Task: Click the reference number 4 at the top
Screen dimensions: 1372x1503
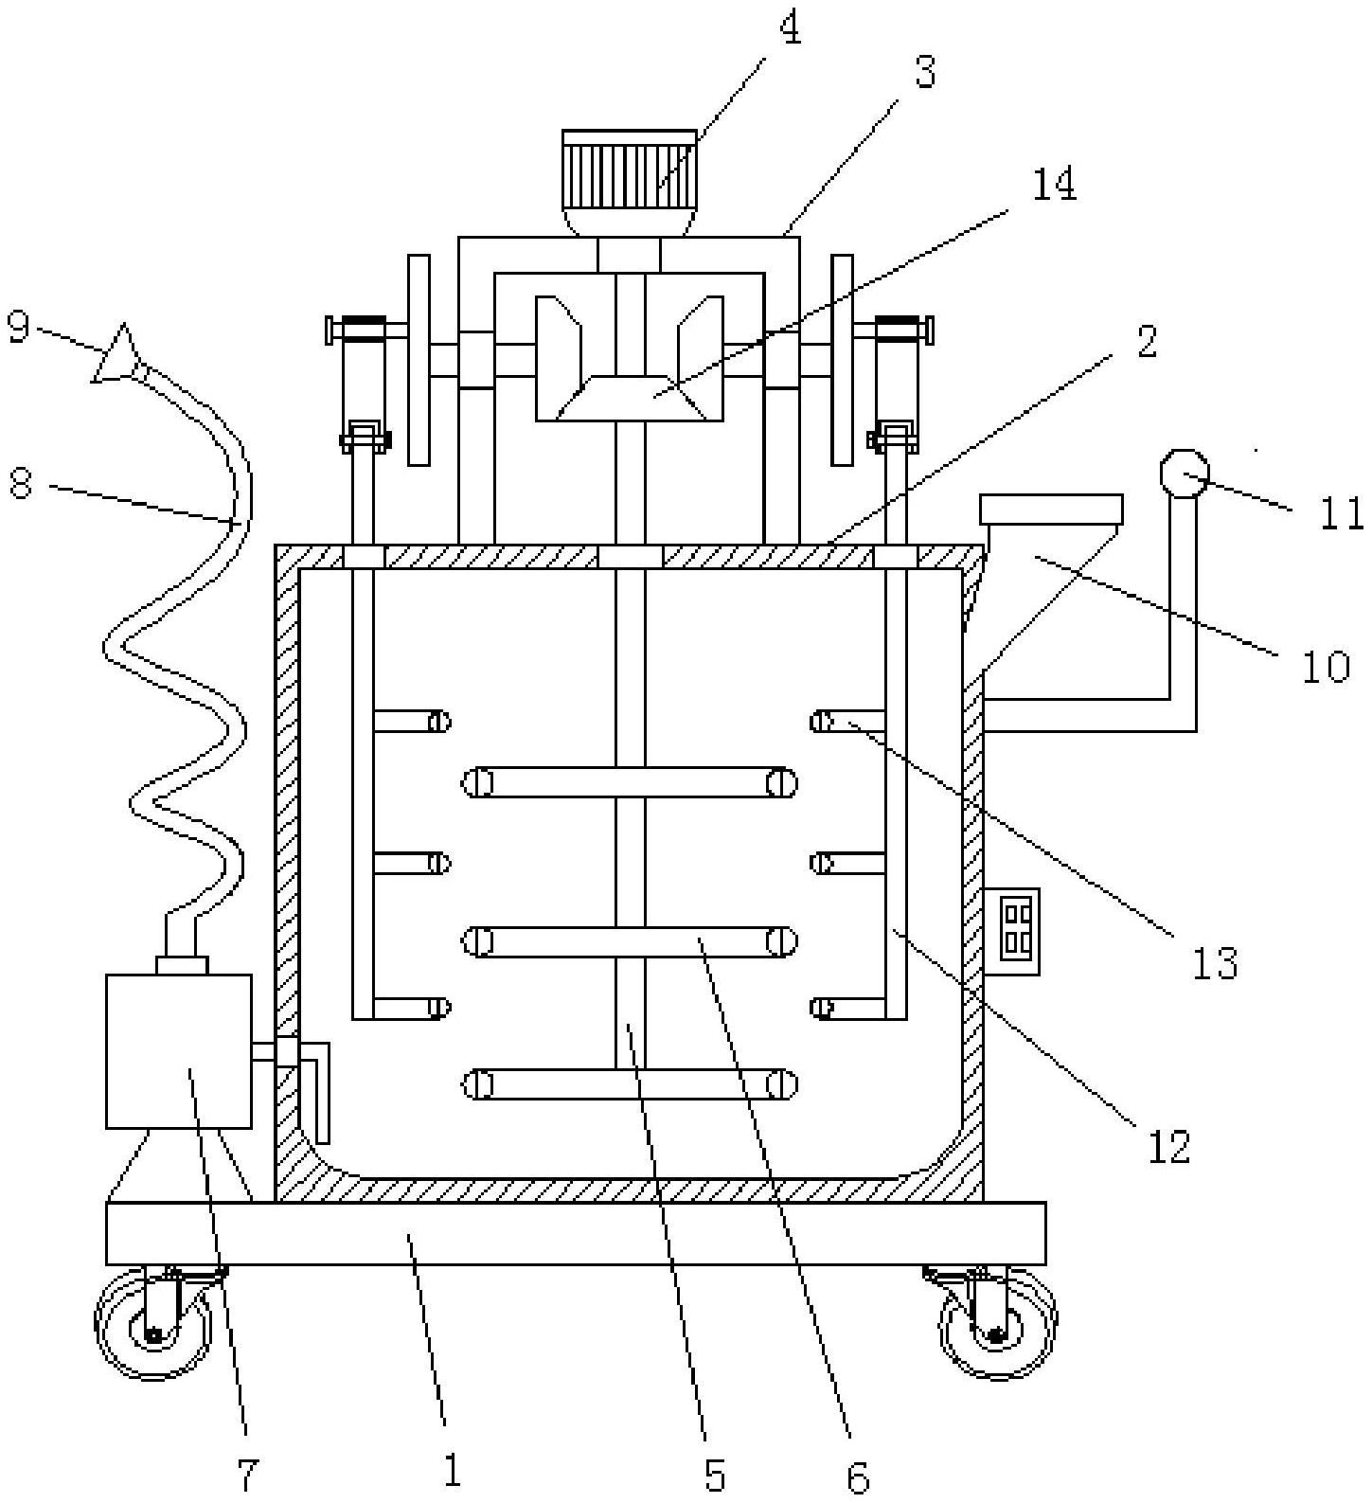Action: coord(789,28)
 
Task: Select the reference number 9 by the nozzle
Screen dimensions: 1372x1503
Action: coord(19,328)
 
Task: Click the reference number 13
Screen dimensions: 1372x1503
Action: coord(1216,963)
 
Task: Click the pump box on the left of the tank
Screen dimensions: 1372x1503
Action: coord(179,1051)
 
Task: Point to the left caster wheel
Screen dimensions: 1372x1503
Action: coord(153,1324)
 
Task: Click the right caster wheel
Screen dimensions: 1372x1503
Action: coord(997,1324)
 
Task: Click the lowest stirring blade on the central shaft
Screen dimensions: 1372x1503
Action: coord(630,1084)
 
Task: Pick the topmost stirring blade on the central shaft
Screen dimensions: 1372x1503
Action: coord(630,783)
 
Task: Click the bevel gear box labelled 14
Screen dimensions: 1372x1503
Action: coord(630,359)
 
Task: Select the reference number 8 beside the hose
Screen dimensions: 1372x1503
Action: coord(20,484)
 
